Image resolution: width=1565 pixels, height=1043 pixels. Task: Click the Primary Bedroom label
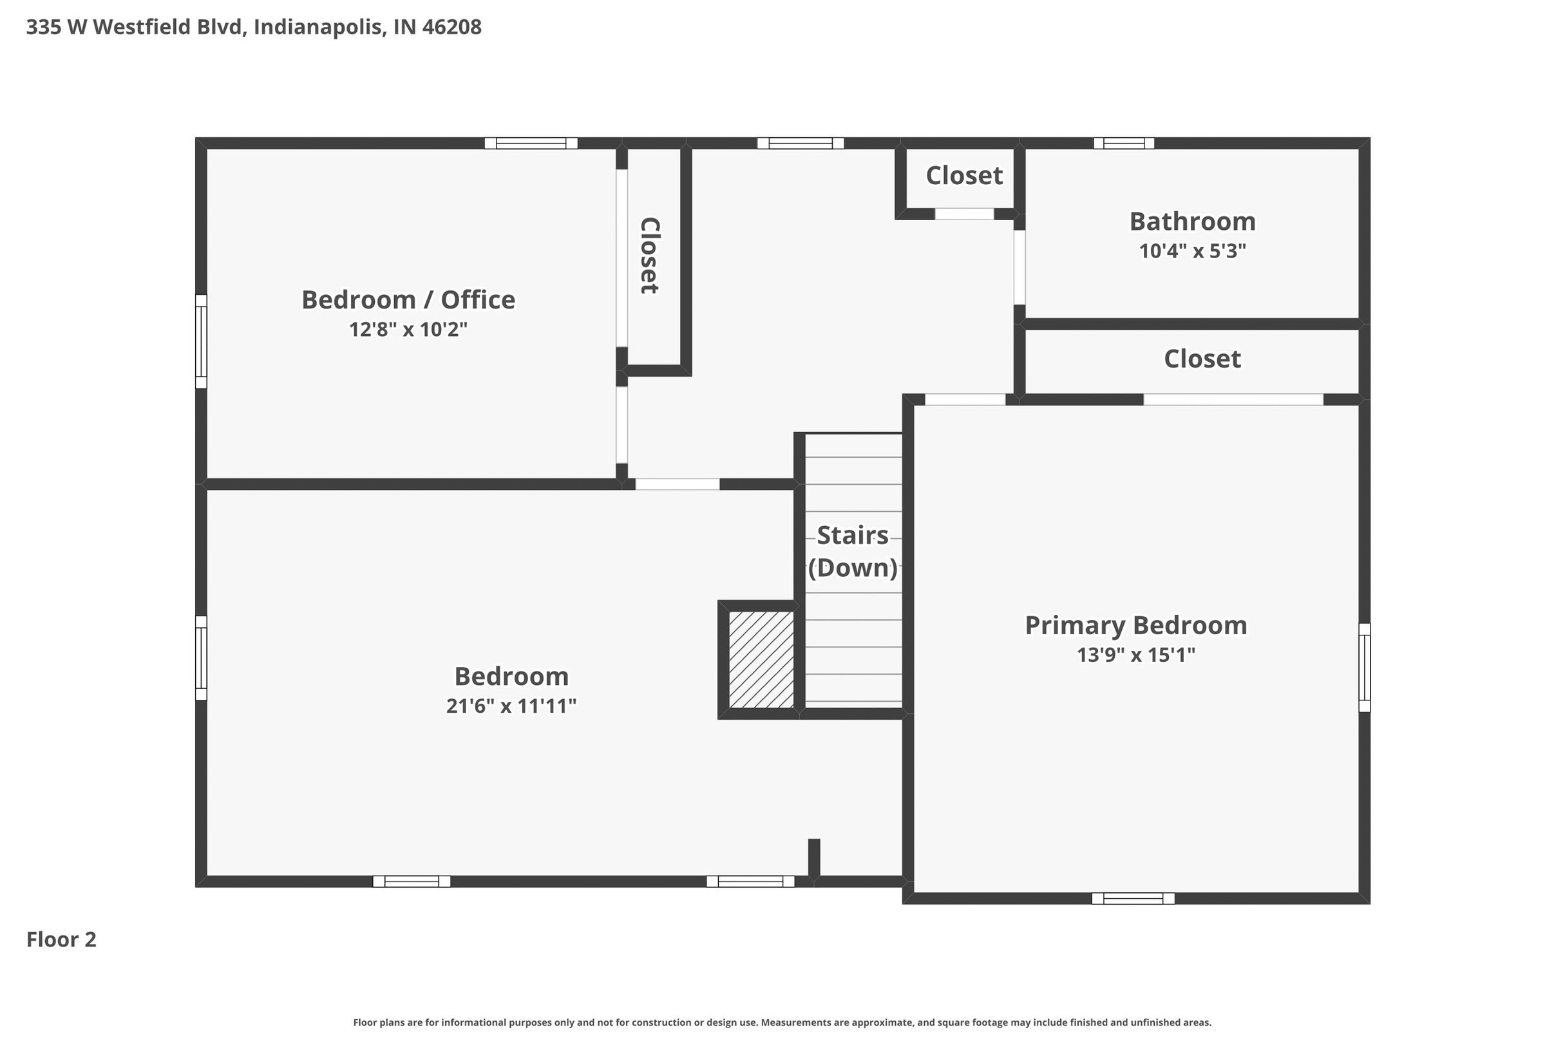click(x=1136, y=626)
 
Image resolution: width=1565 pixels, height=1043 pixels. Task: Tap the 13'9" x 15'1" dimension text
click(x=1136, y=655)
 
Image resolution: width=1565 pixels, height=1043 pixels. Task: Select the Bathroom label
click(x=1192, y=221)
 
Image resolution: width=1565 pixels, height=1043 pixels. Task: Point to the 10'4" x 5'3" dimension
click(x=1192, y=252)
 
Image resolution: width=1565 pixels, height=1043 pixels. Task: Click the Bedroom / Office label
click(x=408, y=300)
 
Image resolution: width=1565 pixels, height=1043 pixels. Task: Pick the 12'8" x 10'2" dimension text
click(x=408, y=329)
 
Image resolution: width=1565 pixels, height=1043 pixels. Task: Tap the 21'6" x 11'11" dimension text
click(x=511, y=706)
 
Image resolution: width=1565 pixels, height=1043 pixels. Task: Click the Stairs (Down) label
click(x=852, y=551)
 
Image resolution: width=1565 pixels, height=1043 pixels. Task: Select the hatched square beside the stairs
click(x=761, y=659)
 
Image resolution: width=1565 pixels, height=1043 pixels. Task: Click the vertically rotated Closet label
click(x=649, y=256)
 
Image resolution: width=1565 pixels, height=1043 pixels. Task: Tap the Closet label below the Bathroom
click(x=1202, y=359)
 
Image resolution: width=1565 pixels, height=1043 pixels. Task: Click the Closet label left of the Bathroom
click(x=964, y=176)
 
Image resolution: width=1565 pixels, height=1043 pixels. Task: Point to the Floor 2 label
click(x=61, y=939)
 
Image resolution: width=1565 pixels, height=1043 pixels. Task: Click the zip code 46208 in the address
click(x=452, y=27)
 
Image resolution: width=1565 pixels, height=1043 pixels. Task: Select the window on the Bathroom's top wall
click(x=1124, y=143)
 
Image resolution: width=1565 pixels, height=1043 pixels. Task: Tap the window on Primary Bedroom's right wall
click(x=1364, y=667)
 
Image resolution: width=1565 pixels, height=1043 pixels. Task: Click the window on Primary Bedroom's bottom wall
click(x=1133, y=899)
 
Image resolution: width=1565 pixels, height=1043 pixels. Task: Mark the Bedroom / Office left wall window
click(x=201, y=341)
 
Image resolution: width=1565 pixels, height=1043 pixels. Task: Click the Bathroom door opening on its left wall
click(x=1020, y=267)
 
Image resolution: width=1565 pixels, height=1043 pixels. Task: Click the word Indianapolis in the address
click(x=319, y=27)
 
